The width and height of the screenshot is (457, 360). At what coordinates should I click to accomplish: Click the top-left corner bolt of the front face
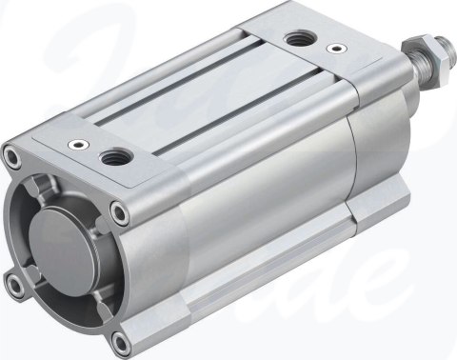(x=12, y=154)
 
